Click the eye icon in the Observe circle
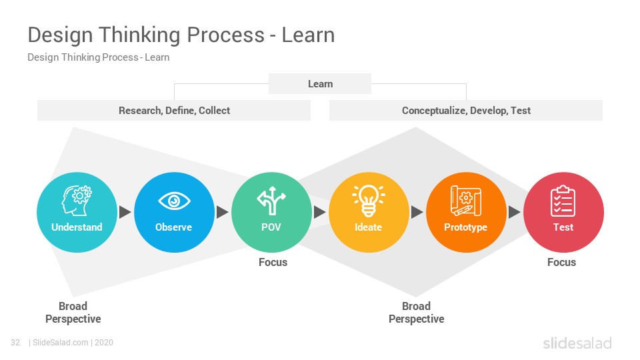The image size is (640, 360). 174,201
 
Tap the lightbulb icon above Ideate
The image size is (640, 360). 369,201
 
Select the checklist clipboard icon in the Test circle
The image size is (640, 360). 563,201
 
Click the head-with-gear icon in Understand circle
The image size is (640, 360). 77,201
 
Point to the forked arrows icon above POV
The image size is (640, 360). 271,201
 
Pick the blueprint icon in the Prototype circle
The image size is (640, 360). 466,201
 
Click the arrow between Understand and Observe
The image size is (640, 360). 125,212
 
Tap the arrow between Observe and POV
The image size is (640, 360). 223,212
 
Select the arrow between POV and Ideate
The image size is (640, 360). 319,212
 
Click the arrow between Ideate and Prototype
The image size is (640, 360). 417,212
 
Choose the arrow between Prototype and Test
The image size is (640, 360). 514,212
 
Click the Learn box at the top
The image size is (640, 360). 320,84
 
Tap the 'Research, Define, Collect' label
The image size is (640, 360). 174,111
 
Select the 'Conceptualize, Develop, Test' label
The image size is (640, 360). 466,111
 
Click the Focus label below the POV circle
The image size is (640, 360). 273,262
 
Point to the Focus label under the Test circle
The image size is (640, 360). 561,262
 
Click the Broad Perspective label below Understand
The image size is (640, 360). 73,312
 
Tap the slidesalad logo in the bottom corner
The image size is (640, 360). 577,343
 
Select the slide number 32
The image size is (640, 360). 15,343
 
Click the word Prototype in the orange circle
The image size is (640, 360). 466,227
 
